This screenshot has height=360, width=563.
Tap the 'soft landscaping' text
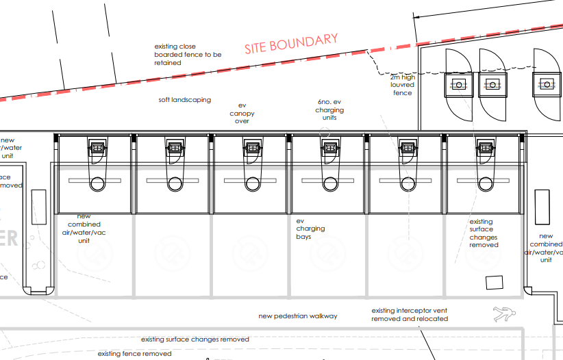[x=184, y=100]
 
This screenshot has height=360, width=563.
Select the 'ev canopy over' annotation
[x=242, y=114]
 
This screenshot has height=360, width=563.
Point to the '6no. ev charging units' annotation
[x=329, y=110]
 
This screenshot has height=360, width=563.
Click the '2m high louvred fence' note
[x=402, y=85]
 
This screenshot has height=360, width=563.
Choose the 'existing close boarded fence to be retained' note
[x=188, y=55]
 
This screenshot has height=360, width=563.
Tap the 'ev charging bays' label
[x=310, y=229]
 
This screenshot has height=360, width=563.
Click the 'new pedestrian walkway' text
[x=298, y=316]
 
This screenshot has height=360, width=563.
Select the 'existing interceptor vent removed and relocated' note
[x=410, y=315]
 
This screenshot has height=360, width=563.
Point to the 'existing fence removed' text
[x=135, y=354]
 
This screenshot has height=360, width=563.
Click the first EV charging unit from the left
[x=97, y=147]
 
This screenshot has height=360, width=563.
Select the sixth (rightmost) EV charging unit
[x=486, y=147]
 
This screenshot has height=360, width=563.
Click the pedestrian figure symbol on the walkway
[x=503, y=315]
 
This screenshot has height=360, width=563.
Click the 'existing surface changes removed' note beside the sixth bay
[x=484, y=233]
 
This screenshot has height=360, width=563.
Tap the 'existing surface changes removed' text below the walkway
[x=195, y=339]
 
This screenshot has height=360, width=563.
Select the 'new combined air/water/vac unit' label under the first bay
[x=84, y=229]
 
